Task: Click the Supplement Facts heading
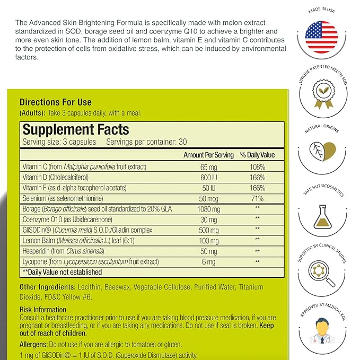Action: (x=75, y=129)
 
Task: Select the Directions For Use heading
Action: (x=55, y=102)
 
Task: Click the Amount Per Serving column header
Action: (x=208, y=155)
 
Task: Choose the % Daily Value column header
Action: (x=257, y=155)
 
